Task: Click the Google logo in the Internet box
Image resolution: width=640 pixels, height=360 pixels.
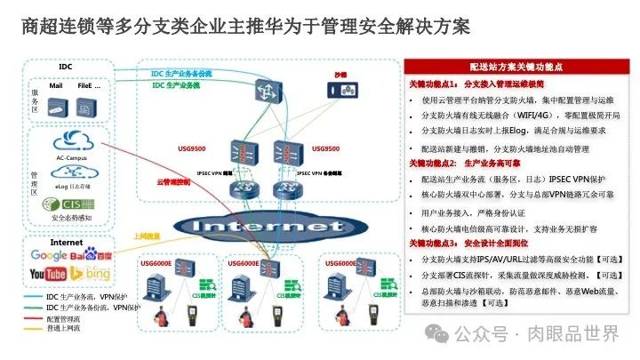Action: tap(48, 255)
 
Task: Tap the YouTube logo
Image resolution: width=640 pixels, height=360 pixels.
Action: tap(47, 274)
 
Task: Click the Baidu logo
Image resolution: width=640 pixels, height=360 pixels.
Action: tap(92, 255)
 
